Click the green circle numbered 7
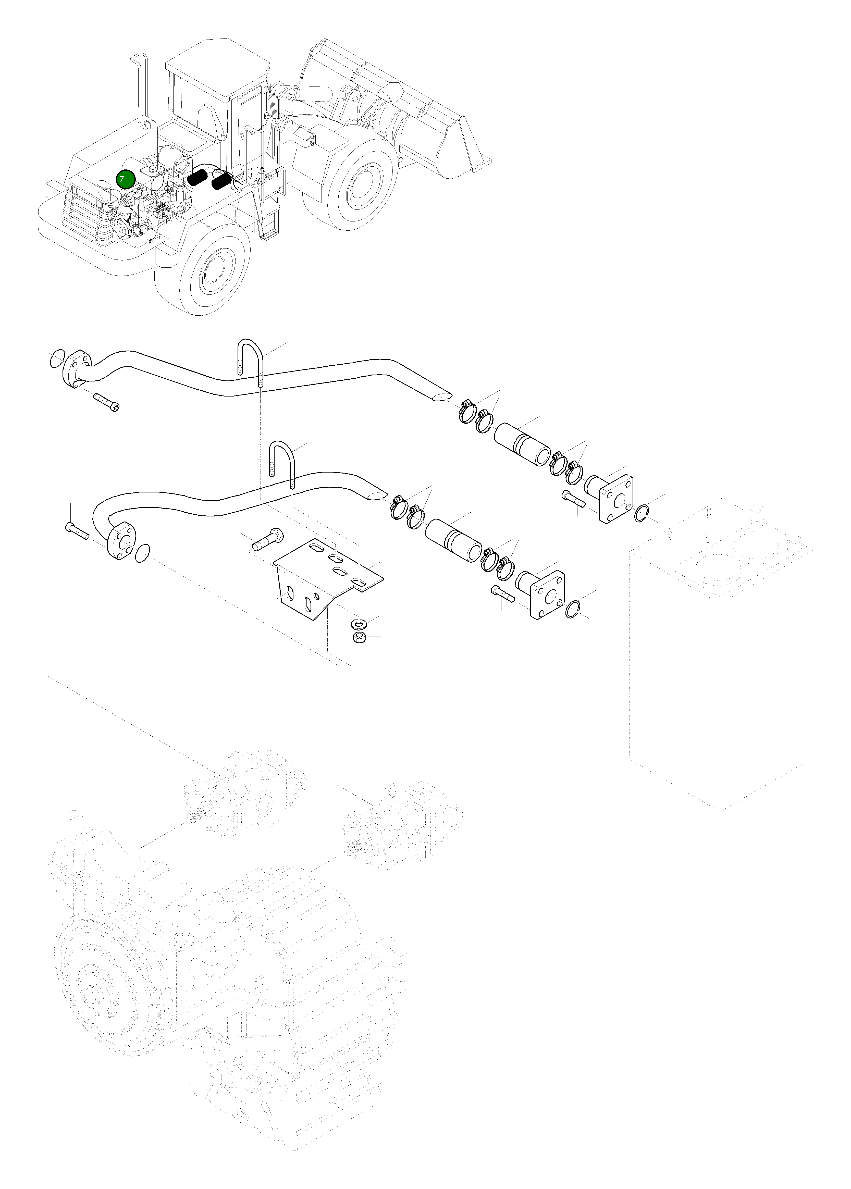[x=126, y=179]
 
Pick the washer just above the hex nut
[x=359, y=625]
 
